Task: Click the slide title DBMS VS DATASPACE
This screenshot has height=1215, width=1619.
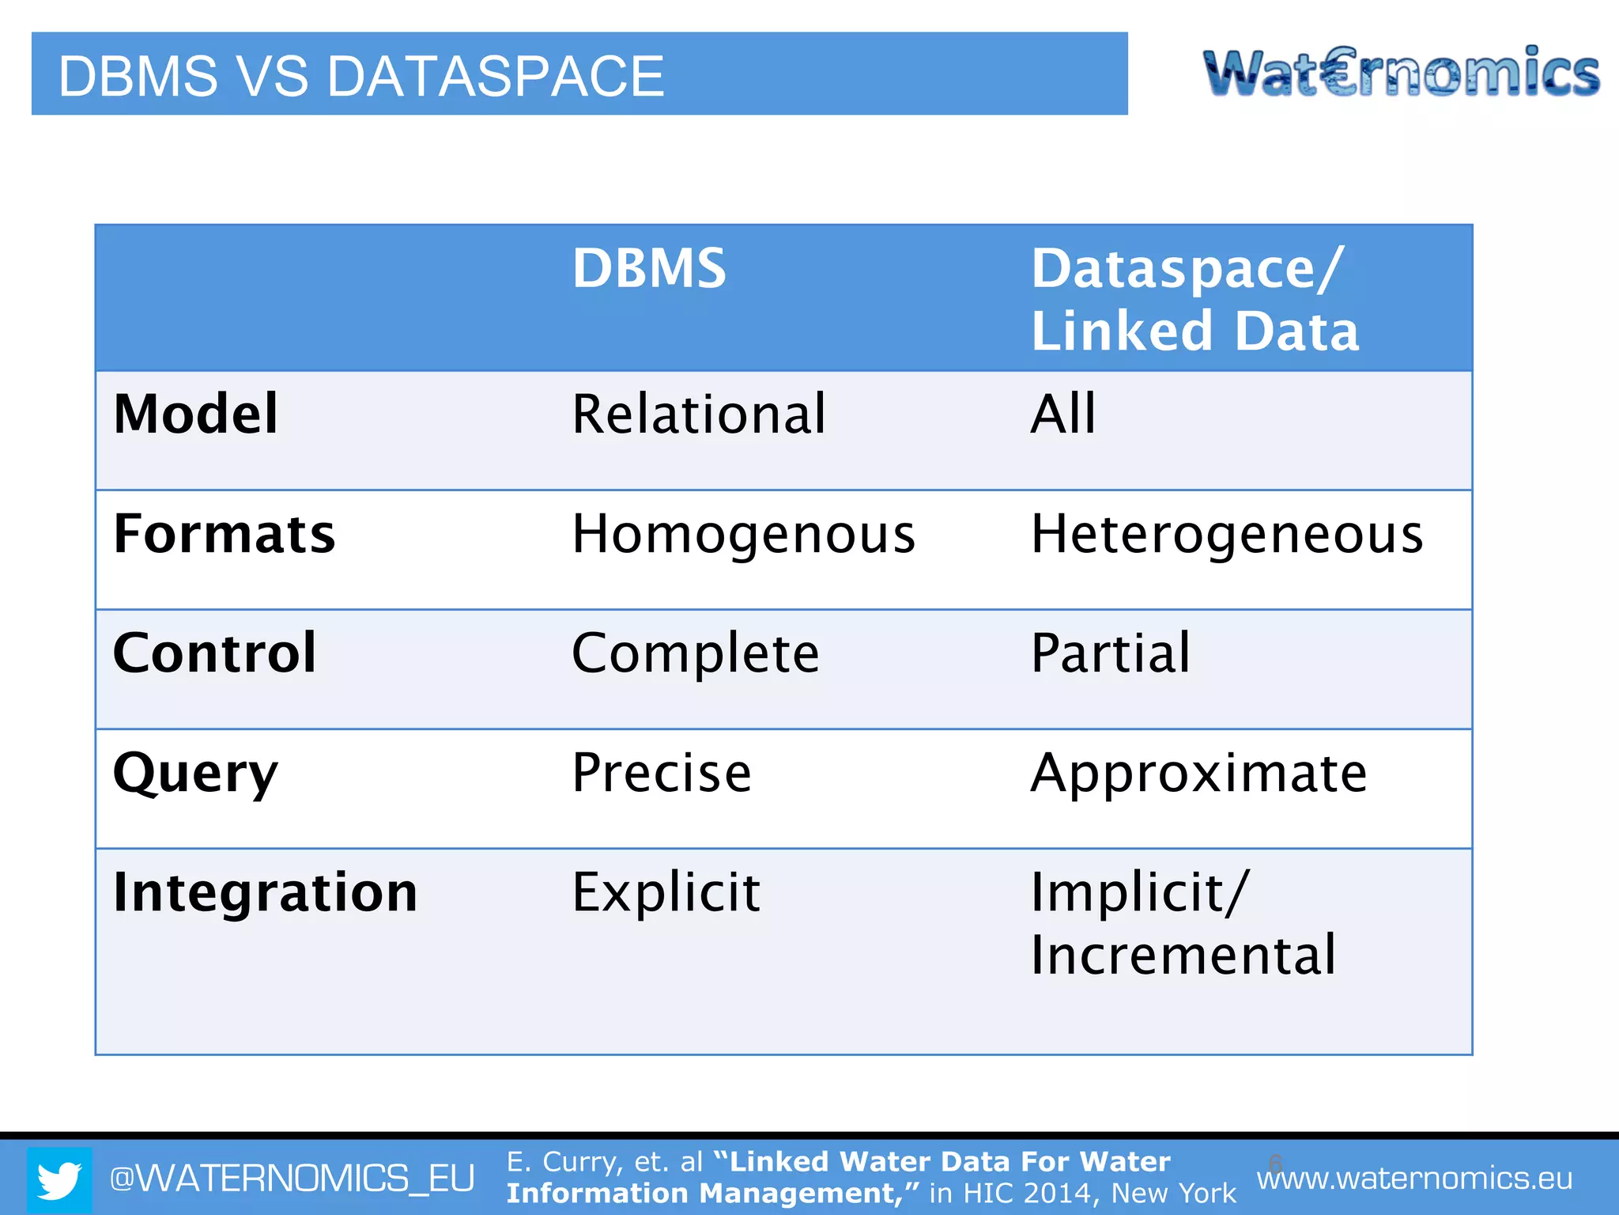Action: [361, 76]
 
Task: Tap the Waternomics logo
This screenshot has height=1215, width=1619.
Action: [1401, 74]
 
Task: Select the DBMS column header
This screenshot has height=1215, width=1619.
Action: [649, 268]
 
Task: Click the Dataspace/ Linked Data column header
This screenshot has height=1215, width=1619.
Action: [1194, 299]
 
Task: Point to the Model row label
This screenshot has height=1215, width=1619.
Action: [195, 414]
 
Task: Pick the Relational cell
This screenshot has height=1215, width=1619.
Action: [699, 414]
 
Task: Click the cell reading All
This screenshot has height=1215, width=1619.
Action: [1063, 414]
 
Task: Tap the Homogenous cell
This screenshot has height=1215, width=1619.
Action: [743, 535]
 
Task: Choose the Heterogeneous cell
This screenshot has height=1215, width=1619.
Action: [1227, 535]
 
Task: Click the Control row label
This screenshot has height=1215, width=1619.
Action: [215, 653]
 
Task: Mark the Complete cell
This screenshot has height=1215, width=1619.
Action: [696, 654]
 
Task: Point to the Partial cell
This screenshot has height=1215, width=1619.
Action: [1110, 653]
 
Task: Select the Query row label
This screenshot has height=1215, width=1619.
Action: [195, 774]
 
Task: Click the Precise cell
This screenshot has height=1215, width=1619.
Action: [662, 773]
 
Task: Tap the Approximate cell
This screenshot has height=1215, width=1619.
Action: [1198, 774]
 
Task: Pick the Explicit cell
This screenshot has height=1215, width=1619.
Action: [666, 892]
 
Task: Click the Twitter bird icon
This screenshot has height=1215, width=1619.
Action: [60, 1180]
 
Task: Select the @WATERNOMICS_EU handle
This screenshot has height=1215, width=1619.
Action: [292, 1179]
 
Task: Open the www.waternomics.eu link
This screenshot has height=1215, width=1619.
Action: [1414, 1179]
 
